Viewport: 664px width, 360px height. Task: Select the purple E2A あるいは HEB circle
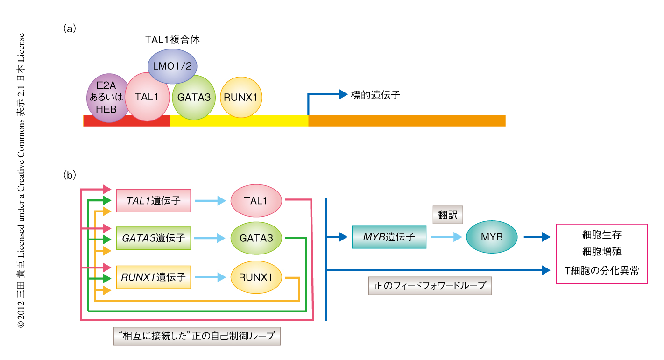[106, 98]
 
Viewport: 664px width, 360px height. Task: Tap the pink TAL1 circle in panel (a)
[148, 97]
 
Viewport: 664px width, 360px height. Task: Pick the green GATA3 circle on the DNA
[194, 97]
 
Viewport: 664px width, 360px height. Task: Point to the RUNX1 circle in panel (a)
[241, 97]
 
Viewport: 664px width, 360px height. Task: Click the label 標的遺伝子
[376, 95]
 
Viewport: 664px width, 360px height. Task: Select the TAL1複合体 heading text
[172, 40]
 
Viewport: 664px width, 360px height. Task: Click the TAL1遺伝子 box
[153, 201]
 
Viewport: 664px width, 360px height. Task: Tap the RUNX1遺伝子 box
[153, 277]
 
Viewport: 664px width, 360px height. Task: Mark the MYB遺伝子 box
[389, 237]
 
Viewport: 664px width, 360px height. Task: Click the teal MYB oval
[492, 237]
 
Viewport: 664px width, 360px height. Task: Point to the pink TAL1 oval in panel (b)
[256, 201]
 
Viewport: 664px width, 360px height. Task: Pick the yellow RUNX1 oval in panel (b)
[256, 277]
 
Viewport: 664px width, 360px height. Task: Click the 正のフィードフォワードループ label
[430, 285]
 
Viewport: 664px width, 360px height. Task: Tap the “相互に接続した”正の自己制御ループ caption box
[197, 336]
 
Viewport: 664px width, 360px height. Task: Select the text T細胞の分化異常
[601, 270]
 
